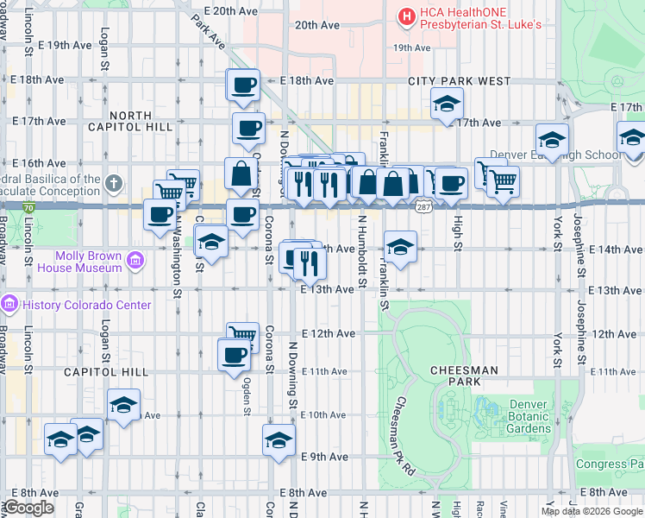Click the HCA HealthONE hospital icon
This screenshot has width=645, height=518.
[x=405, y=16]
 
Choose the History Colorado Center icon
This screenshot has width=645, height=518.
[x=9, y=305]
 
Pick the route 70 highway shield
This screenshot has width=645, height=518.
[x=29, y=208]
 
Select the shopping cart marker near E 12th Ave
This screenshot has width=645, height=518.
[x=243, y=335]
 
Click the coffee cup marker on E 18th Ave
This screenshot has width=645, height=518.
[x=243, y=85]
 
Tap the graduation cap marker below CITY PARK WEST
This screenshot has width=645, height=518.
[x=446, y=104]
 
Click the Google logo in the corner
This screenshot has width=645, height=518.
[x=28, y=508]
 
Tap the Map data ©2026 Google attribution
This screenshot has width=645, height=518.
[x=592, y=511]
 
